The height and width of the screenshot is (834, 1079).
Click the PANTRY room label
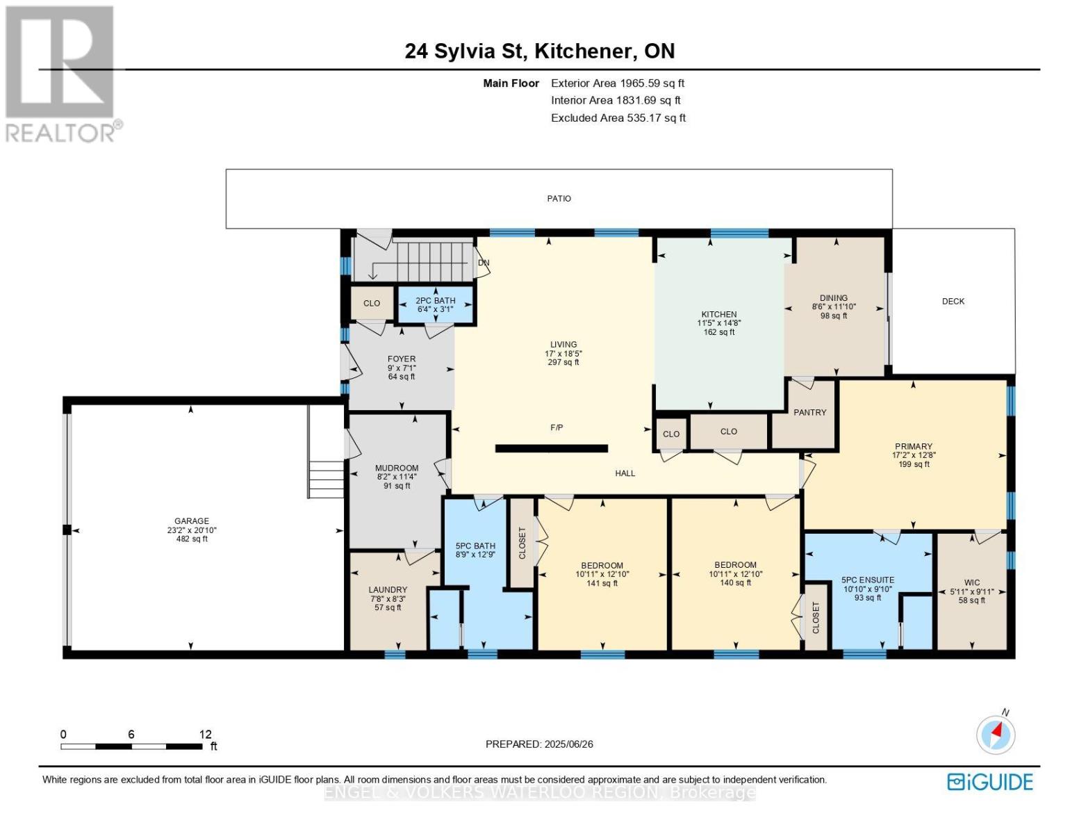809,412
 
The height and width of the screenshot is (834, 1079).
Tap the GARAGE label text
192,521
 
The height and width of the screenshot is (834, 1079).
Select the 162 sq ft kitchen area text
719,332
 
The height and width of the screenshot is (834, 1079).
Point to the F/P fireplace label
557,427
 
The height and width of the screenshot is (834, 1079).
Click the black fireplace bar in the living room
552,448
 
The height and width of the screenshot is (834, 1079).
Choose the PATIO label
559,199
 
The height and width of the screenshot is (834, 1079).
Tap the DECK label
953,302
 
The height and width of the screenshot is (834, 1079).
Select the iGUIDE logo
990,783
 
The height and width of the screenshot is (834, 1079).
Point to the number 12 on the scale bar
206,734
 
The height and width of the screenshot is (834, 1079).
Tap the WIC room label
972,582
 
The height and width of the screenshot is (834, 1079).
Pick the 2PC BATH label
436,300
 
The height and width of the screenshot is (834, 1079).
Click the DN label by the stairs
483,263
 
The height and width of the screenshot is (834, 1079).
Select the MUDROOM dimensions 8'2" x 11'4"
397,477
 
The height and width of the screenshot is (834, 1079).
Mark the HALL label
625,473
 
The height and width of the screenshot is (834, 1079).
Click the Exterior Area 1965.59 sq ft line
618,83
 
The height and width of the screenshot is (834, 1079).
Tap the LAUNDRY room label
388,589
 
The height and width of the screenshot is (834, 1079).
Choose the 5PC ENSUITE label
868,580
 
